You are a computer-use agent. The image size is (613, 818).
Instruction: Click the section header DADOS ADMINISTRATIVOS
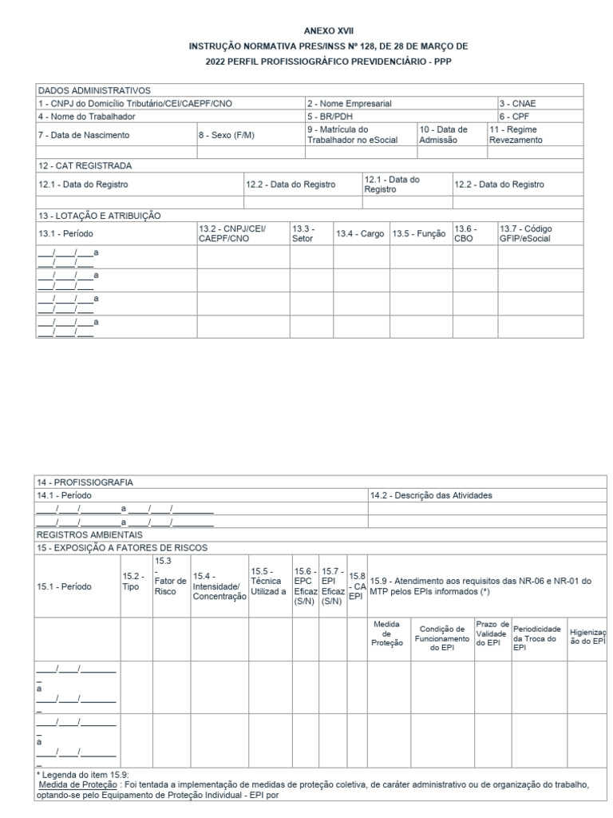[94, 90]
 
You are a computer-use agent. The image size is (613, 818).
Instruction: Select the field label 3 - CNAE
[517, 103]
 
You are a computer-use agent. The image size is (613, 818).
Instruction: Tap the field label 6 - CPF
[515, 116]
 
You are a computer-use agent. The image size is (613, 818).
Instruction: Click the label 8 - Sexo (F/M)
[227, 135]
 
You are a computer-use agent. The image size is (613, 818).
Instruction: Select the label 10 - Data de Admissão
[443, 134]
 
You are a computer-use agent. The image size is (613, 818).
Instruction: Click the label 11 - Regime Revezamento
[516, 134]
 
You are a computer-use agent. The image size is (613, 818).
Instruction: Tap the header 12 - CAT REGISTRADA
[85, 165]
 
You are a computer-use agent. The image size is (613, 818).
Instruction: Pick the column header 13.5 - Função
[419, 233]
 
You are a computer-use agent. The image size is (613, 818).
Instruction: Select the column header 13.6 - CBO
[465, 233]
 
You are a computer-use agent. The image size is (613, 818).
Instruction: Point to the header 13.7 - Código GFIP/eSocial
[525, 233]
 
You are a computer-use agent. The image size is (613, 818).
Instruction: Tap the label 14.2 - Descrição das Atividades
[431, 495]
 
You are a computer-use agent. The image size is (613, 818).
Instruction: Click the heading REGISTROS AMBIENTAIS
[89, 534]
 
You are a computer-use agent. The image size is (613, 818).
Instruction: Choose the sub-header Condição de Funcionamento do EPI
[442, 637]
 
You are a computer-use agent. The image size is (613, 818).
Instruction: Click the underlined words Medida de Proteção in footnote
[73, 784]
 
